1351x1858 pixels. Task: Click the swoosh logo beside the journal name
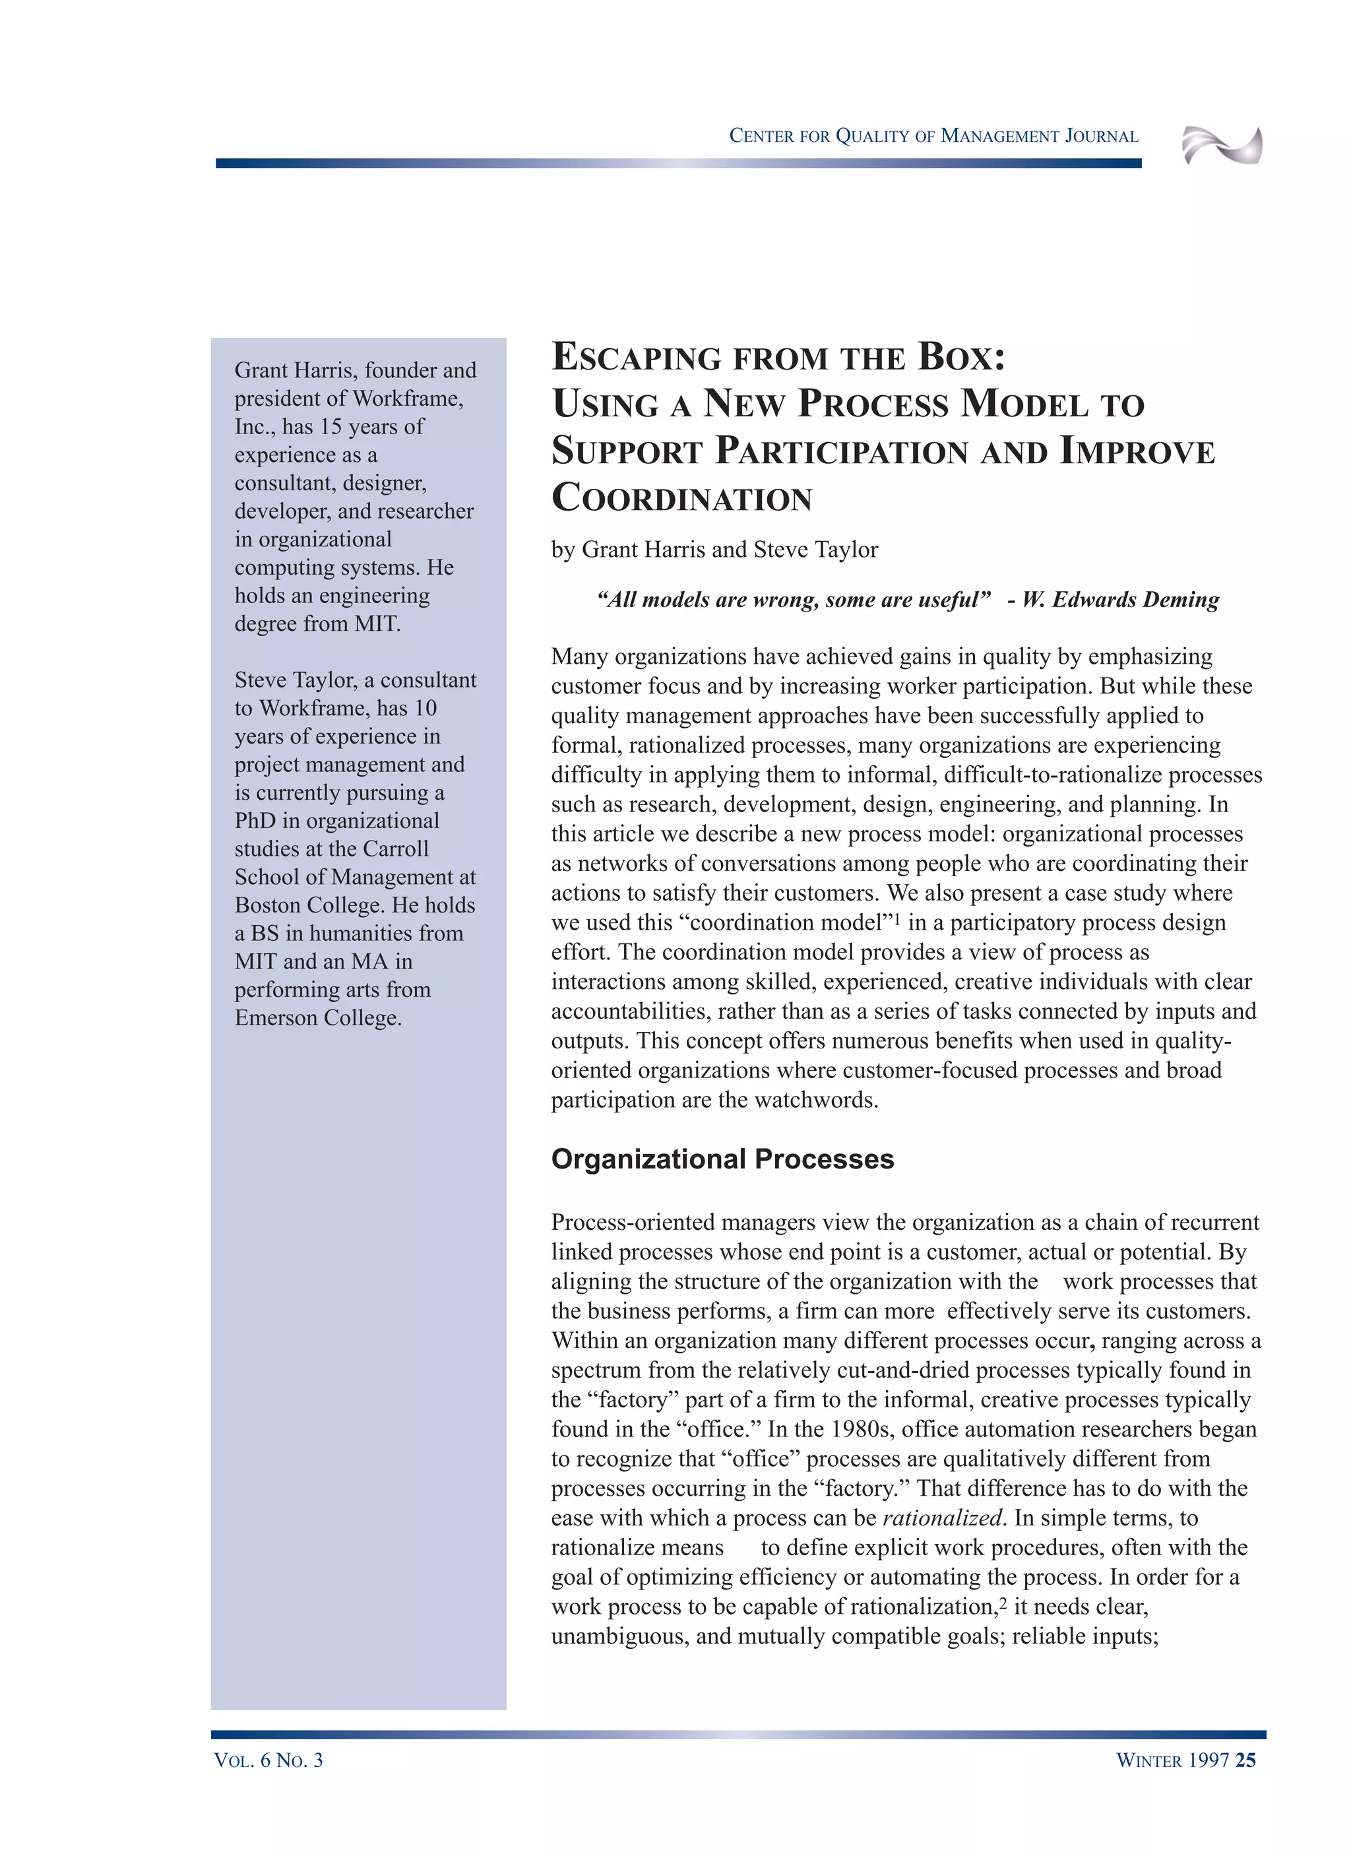[1222, 146]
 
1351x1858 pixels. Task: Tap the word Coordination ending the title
[681, 498]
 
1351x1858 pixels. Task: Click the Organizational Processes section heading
[722, 1159]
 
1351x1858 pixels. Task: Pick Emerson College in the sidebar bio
[317, 1018]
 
